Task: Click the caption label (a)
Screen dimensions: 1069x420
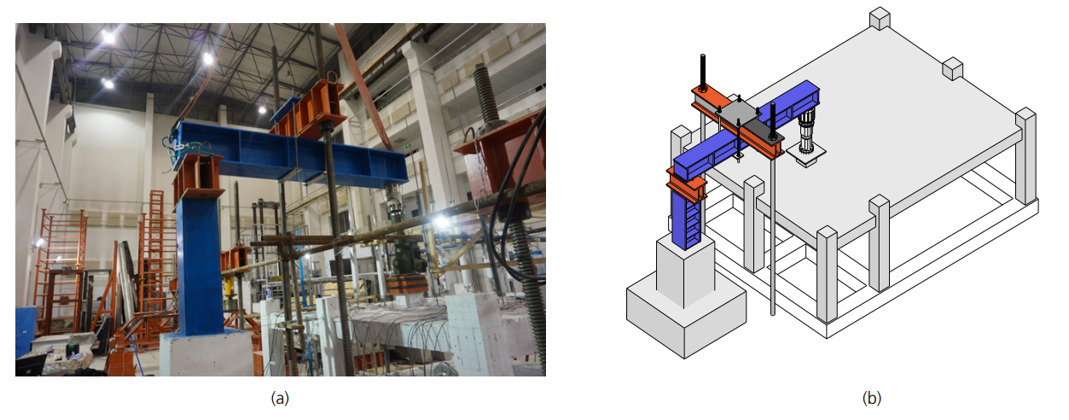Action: pos(280,398)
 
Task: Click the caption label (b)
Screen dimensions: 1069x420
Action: pos(871,398)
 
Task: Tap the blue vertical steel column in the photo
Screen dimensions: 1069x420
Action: pos(200,265)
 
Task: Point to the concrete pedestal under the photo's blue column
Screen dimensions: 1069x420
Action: pos(206,353)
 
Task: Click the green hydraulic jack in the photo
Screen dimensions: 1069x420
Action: pos(407,258)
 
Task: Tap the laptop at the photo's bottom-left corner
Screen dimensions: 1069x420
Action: pos(32,365)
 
